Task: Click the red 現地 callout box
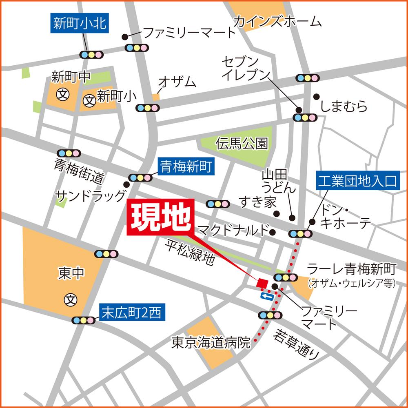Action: [x=162, y=218]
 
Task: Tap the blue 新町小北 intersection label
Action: [x=80, y=24]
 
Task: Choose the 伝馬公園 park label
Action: [x=242, y=143]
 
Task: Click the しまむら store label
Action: [x=344, y=107]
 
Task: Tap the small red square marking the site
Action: [x=262, y=283]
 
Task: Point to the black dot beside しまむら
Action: [x=316, y=97]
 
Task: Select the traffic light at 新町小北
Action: [x=91, y=55]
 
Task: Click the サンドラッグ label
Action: [x=91, y=196]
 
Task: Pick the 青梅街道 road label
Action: [x=79, y=171]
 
